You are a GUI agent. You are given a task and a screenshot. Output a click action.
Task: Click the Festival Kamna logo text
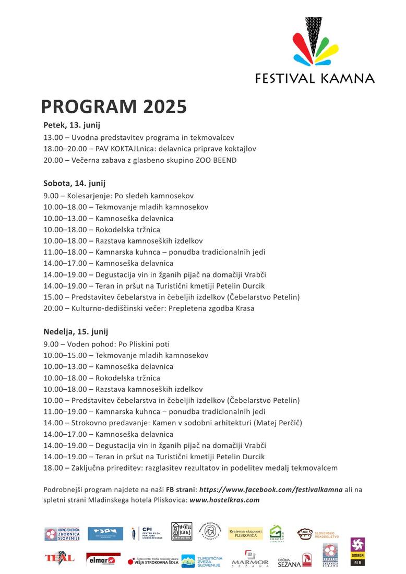315,78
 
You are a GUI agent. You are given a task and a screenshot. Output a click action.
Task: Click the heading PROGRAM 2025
114,106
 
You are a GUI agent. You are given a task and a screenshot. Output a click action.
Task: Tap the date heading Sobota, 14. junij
74,183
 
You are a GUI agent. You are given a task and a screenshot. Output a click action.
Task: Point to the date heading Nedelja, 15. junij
76,331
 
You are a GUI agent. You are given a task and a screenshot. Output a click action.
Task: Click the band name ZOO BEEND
215,160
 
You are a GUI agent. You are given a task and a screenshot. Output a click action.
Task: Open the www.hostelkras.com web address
224,500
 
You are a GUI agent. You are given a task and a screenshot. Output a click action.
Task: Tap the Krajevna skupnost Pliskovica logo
246,533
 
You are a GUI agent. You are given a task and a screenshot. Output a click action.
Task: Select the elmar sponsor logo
103,560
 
